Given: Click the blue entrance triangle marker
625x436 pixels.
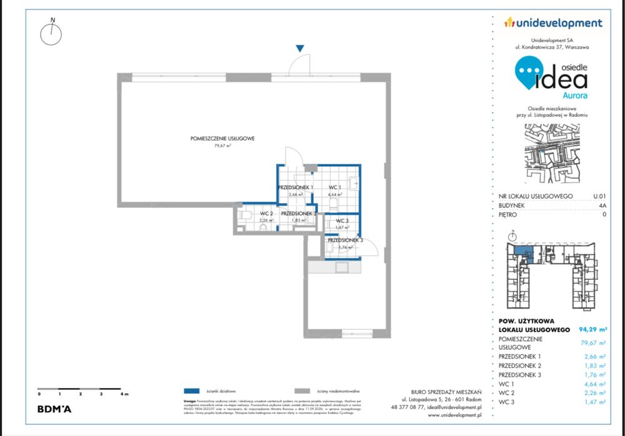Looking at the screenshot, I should point(300,48).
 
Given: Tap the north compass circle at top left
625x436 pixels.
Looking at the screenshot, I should point(51,34).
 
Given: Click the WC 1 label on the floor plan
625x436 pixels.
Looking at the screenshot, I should point(334,187).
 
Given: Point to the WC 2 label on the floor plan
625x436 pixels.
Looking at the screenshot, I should point(266,214).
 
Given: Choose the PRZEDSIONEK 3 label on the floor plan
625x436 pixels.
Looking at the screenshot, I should point(344,240).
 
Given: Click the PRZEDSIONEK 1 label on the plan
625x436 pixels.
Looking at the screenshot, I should point(295,187).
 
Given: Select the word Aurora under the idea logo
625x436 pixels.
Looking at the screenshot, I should point(574,96).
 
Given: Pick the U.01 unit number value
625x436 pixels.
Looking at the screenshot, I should point(599,196).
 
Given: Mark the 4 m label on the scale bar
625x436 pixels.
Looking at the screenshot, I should point(125,395).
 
